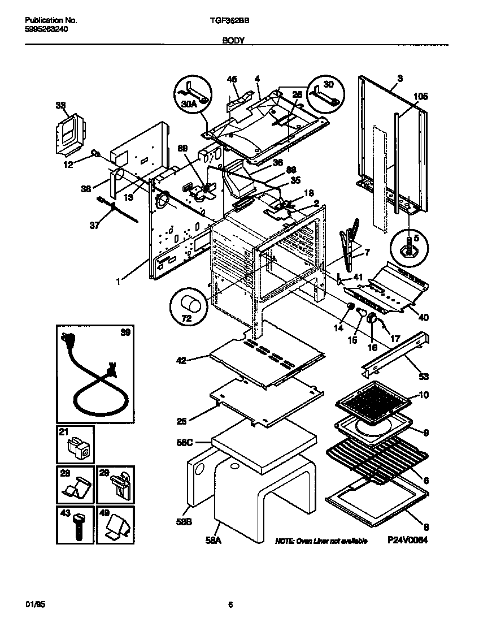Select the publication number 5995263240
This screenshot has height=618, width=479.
[47, 29]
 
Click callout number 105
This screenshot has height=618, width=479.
[420, 97]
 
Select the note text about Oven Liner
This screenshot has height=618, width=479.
[321, 541]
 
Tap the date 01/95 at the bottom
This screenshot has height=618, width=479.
[34, 604]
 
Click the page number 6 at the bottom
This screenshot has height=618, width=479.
[230, 604]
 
